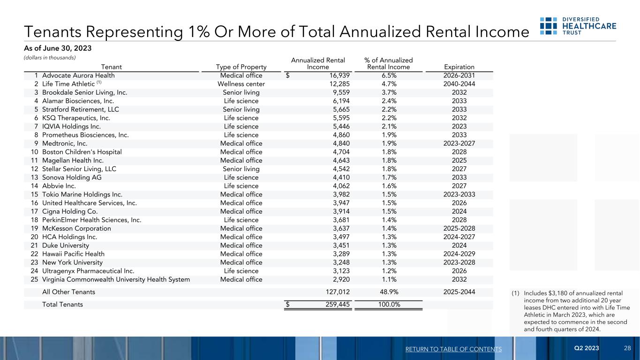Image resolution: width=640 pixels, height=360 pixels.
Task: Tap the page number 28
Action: pos(627,348)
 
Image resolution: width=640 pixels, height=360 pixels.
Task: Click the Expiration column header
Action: pos(459,67)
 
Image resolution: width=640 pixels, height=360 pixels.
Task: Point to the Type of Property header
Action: pos(241,67)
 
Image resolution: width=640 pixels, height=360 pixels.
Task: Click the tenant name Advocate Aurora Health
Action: pos(78,75)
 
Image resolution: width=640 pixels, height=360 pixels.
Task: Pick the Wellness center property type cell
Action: pos(241,84)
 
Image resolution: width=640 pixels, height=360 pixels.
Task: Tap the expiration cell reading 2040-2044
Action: pos(459,84)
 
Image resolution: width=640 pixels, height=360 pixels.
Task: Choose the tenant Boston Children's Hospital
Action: pos(82,152)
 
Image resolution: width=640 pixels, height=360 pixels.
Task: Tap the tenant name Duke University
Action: pos(65,245)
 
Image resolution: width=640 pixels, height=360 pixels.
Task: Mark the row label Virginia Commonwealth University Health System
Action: pos(116,279)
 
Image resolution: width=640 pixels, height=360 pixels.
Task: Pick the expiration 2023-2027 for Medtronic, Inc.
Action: pos(459,143)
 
